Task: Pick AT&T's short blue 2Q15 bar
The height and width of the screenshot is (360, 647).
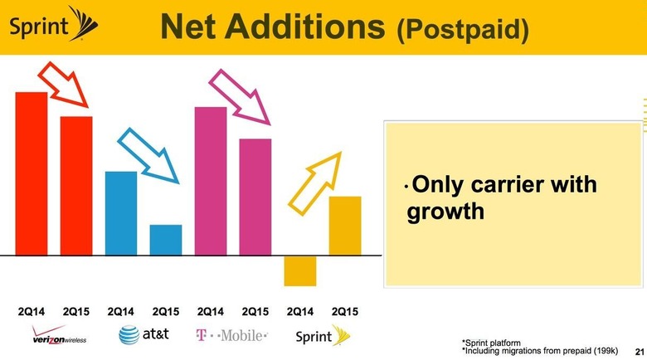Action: click(x=166, y=240)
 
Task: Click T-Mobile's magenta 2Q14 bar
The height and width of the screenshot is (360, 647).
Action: click(x=211, y=181)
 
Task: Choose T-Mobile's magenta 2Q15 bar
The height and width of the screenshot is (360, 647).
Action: click(x=255, y=197)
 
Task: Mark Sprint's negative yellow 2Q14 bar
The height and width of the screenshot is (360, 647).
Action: click(x=300, y=270)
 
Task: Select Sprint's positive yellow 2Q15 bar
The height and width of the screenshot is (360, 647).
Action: click(x=345, y=226)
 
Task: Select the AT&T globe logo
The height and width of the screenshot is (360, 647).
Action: click(x=129, y=335)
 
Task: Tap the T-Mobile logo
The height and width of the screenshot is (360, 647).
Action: click(x=231, y=335)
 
